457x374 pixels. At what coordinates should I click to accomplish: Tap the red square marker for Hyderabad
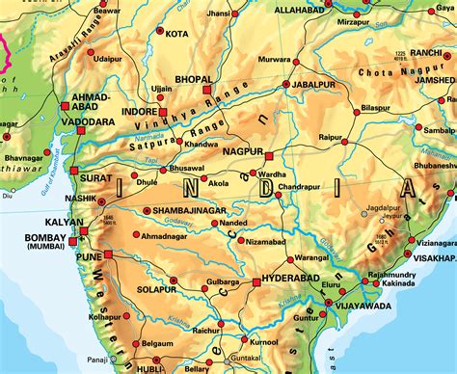click(255, 282)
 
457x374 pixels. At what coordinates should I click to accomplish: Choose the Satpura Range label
click(194, 133)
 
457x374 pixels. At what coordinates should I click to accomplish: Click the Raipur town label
click(334, 139)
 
